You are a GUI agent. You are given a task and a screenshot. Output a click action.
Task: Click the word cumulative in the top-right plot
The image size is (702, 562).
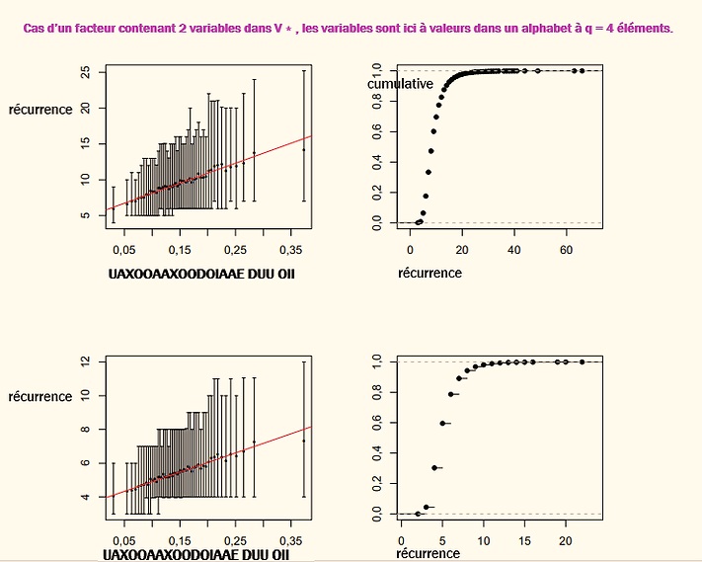(x=400, y=85)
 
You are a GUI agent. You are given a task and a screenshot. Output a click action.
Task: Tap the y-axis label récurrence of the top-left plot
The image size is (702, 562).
(x=40, y=110)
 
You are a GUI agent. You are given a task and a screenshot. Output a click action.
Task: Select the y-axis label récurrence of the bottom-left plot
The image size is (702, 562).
(x=40, y=397)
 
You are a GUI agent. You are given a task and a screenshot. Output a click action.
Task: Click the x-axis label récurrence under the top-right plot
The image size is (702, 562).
(x=429, y=273)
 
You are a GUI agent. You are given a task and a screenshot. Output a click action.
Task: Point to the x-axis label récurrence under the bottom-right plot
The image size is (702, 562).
(x=428, y=554)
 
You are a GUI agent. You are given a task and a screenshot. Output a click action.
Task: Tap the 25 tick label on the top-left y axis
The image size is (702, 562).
(x=87, y=72)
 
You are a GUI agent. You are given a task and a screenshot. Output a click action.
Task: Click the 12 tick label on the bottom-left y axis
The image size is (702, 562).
(x=87, y=361)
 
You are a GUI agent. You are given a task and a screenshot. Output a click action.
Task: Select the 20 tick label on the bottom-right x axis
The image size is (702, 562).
(x=566, y=540)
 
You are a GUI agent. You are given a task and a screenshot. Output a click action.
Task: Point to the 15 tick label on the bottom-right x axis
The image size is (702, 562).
(x=524, y=540)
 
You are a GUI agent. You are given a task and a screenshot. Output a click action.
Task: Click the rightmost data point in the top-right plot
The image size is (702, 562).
(x=583, y=70)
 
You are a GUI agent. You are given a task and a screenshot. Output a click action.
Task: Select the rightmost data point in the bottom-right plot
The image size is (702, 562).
(x=582, y=361)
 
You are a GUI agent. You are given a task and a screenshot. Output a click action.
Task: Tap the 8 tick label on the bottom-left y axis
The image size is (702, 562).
(x=87, y=429)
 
